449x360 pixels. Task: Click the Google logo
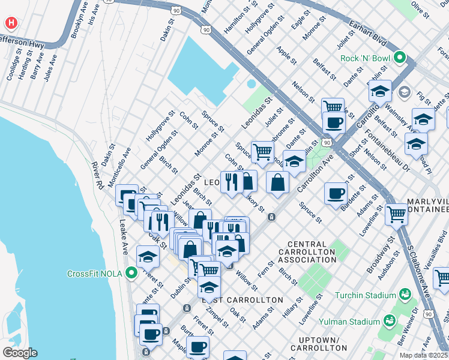(x=19, y=353)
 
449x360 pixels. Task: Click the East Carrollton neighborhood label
(x=243, y=299)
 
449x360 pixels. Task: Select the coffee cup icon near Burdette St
(x=336, y=193)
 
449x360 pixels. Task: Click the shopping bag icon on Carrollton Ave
(x=277, y=182)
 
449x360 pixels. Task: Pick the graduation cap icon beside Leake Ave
(x=148, y=257)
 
